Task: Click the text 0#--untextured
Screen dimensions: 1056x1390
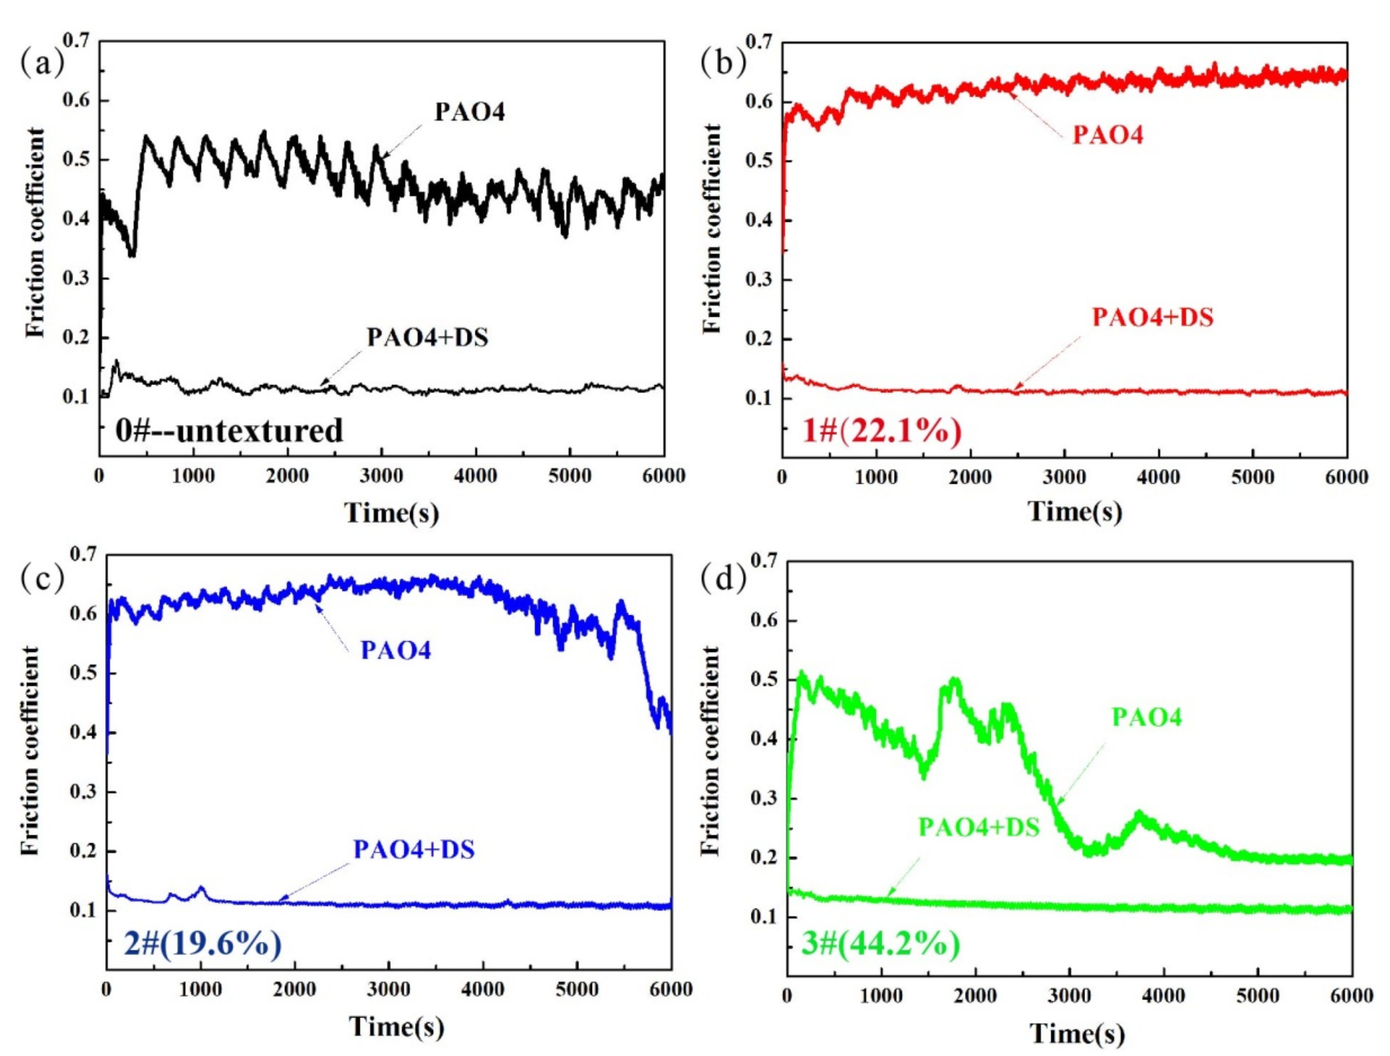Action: [229, 431]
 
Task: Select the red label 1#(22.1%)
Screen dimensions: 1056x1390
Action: [882, 432]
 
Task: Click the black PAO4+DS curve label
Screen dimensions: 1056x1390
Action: [427, 338]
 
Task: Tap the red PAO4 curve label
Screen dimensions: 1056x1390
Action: [1107, 135]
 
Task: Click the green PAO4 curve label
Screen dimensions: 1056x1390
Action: [1147, 717]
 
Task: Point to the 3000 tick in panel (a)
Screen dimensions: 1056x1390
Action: [381, 476]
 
